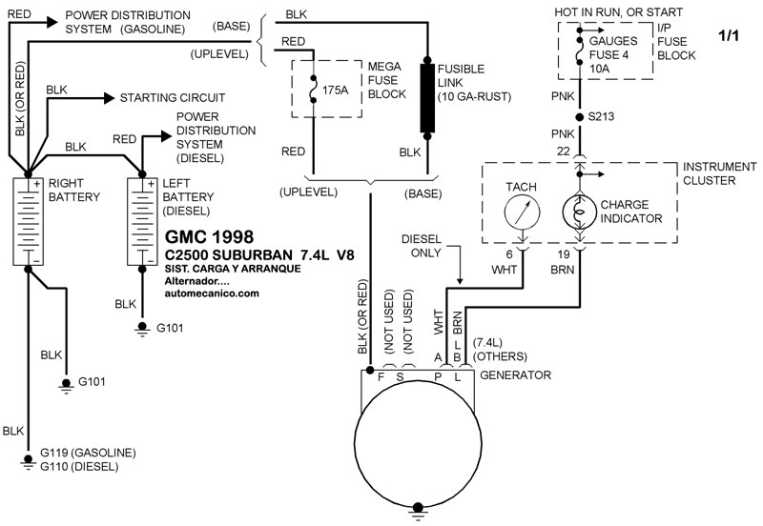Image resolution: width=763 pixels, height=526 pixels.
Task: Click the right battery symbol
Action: [x=29, y=221]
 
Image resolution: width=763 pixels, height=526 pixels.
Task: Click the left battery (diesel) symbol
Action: [x=144, y=221]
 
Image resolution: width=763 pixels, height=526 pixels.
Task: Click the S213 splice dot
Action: [x=579, y=118]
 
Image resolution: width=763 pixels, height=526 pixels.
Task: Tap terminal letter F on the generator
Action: [x=381, y=378]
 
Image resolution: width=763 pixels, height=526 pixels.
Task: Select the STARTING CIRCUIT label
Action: [x=172, y=97]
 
